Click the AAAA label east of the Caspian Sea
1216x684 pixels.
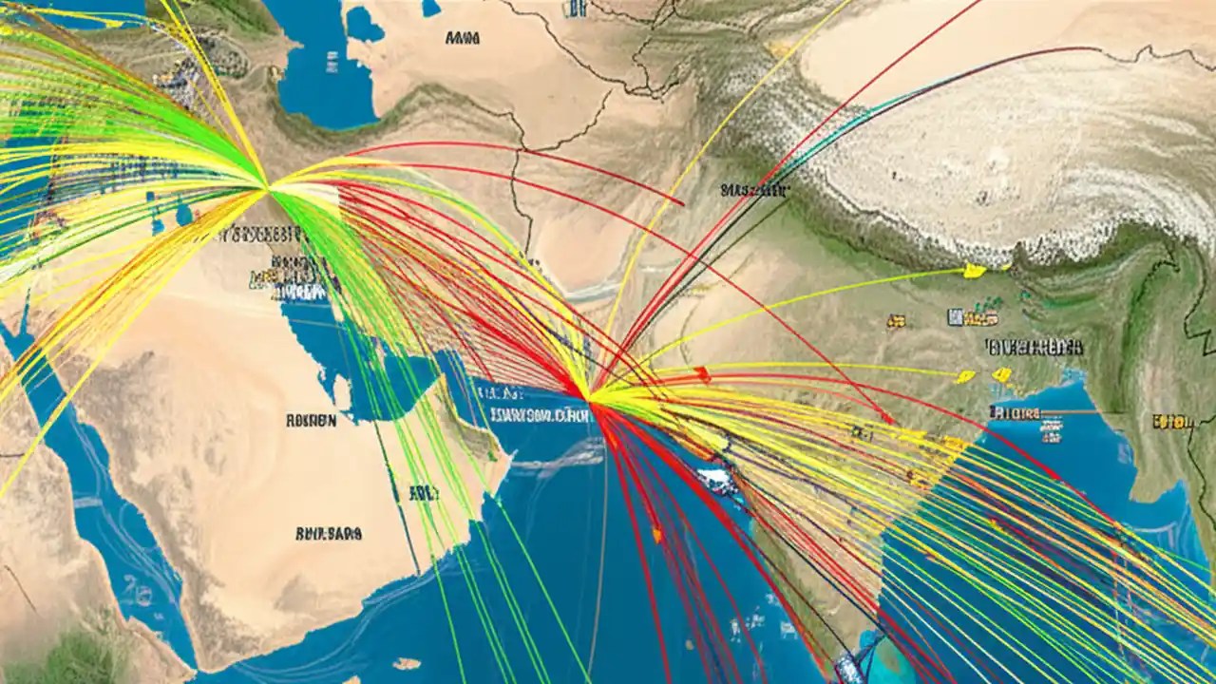click(x=462, y=39)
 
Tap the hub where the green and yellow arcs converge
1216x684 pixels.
click(x=268, y=188)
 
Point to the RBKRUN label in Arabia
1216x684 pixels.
click(x=311, y=420)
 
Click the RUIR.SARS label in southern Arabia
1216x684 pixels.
click(x=329, y=535)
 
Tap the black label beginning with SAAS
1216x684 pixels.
click(x=753, y=190)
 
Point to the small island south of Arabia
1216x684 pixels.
click(x=407, y=663)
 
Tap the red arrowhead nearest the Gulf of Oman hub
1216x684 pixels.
click(x=701, y=373)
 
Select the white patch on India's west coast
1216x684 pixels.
click(x=719, y=482)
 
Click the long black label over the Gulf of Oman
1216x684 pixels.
click(x=537, y=414)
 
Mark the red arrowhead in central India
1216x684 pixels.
click(x=887, y=418)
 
